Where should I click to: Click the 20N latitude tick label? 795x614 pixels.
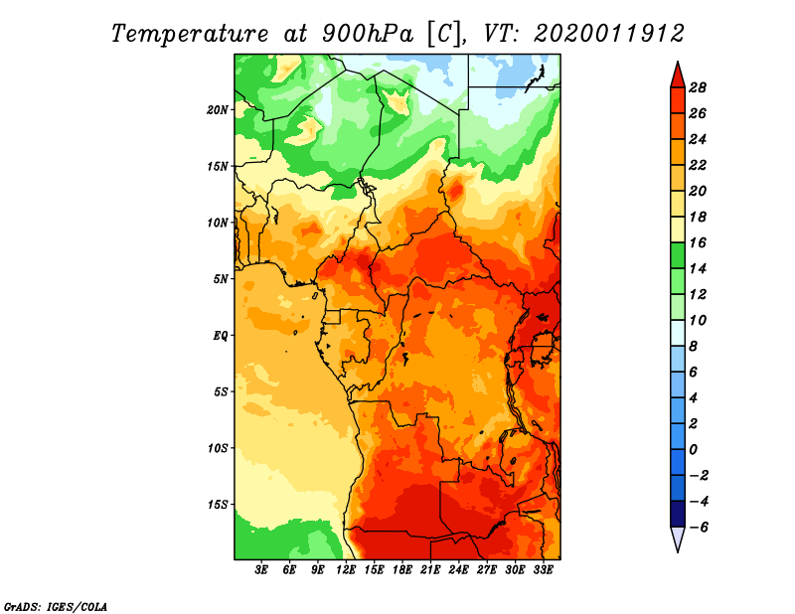(x=218, y=110)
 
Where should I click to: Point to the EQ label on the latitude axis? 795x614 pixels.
(x=220, y=336)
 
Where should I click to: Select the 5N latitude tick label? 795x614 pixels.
(x=221, y=279)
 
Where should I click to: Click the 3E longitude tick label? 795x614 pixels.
(x=261, y=570)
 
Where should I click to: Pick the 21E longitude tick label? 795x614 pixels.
(x=430, y=570)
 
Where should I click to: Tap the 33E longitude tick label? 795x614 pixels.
(x=543, y=570)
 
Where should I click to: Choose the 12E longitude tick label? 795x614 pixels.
(x=345, y=570)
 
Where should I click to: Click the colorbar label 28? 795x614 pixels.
(x=698, y=87)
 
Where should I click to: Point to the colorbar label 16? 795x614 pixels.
(x=698, y=242)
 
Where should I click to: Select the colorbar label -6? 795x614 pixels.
(x=698, y=528)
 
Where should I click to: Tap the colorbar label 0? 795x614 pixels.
(x=693, y=450)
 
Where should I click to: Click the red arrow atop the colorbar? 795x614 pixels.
(x=678, y=75)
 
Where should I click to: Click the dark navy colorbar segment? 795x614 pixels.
(x=678, y=514)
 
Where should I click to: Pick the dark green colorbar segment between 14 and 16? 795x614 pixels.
(x=678, y=255)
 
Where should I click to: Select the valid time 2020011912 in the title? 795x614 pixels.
(x=609, y=34)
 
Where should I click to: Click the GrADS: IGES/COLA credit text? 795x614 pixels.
(x=56, y=607)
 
